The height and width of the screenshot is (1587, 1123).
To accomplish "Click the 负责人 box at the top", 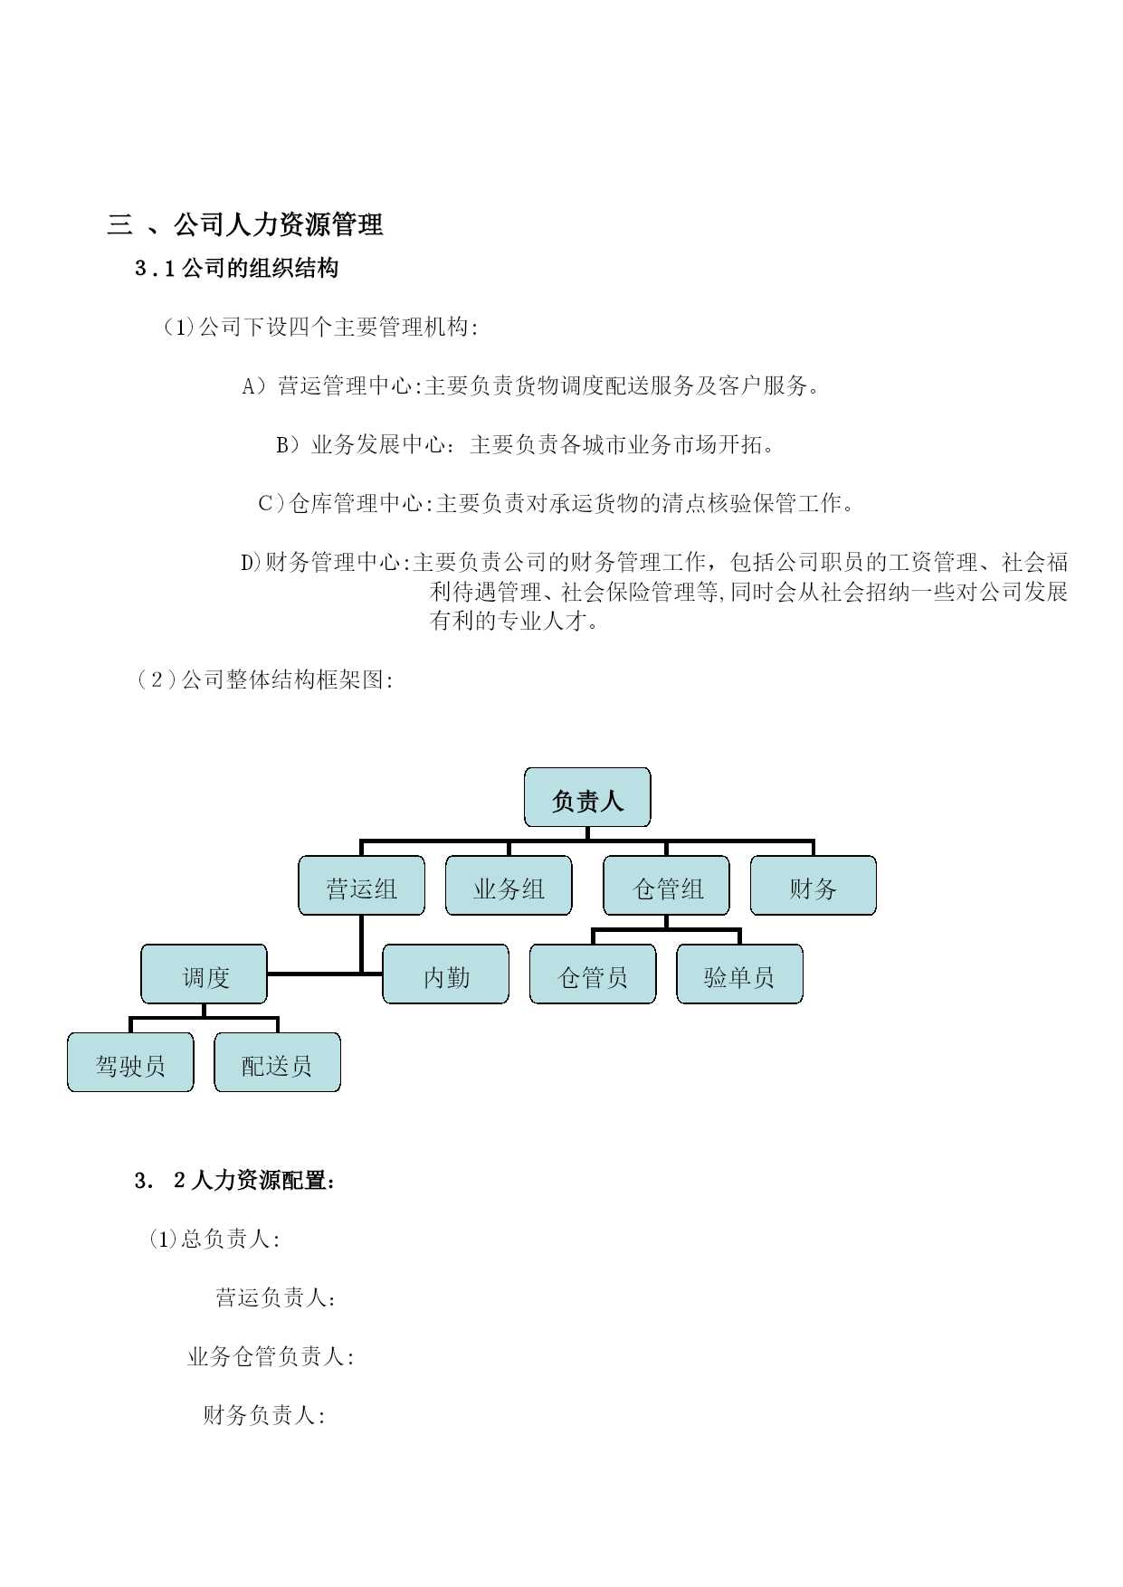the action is [x=587, y=797].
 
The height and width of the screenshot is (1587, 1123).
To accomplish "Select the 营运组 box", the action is [x=361, y=886].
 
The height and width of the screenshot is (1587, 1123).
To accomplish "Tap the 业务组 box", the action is [x=509, y=886].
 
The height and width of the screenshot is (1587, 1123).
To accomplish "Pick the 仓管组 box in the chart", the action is [x=667, y=886].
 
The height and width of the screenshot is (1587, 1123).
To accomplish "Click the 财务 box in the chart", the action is [x=814, y=886].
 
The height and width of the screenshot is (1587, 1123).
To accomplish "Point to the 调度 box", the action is [x=205, y=974].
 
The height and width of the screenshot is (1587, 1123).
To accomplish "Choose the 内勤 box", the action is [x=446, y=974].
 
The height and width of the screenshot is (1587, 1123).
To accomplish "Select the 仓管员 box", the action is [x=593, y=974].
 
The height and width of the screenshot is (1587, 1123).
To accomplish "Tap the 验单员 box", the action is [x=740, y=974].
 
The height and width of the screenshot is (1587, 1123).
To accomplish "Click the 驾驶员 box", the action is [x=130, y=1062].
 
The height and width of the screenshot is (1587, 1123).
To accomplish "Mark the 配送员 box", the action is [x=278, y=1062].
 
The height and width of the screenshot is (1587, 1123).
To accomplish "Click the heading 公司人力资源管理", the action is [x=278, y=224].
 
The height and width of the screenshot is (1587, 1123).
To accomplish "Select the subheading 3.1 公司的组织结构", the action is [x=236, y=269].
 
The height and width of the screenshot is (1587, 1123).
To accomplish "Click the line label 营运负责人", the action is [x=271, y=1297].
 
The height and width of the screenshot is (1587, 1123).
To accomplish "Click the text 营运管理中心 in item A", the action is [x=345, y=386].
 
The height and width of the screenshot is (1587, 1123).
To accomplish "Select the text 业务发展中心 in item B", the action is [x=379, y=444].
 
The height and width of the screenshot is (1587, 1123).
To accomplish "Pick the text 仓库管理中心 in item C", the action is [x=357, y=503].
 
